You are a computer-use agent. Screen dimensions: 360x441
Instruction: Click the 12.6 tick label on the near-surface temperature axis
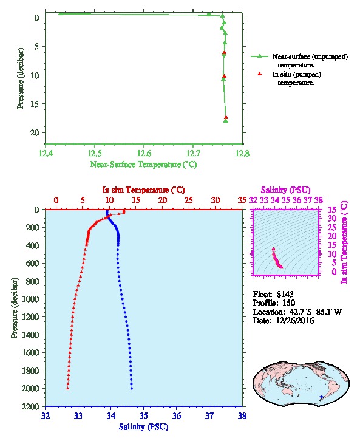(144, 154)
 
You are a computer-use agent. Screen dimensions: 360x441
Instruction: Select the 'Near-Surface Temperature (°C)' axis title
(143, 165)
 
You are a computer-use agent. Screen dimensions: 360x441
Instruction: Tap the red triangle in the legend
(259, 73)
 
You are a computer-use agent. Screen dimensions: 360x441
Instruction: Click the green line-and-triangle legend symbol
(259, 56)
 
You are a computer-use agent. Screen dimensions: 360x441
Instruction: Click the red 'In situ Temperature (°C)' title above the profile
(143, 190)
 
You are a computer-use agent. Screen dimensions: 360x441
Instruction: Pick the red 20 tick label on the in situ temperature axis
(162, 200)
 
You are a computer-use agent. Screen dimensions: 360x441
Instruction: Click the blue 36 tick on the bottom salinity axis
(177, 415)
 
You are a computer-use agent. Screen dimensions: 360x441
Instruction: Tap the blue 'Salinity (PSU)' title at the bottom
(144, 427)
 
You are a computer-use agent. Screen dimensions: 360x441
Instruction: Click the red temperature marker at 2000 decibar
(68, 388)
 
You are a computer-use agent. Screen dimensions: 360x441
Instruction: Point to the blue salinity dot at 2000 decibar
(132, 388)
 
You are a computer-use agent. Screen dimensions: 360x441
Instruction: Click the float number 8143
(285, 294)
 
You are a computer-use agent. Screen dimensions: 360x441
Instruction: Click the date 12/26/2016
(295, 320)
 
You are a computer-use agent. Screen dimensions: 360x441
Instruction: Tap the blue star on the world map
(321, 397)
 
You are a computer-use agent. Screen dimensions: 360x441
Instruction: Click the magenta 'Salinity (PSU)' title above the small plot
(286, 190)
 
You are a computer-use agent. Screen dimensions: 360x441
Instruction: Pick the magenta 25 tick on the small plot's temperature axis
(332, 227)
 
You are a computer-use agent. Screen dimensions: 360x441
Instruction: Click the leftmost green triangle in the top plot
(61, 13)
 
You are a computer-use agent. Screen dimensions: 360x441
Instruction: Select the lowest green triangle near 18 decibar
(226, 121)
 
